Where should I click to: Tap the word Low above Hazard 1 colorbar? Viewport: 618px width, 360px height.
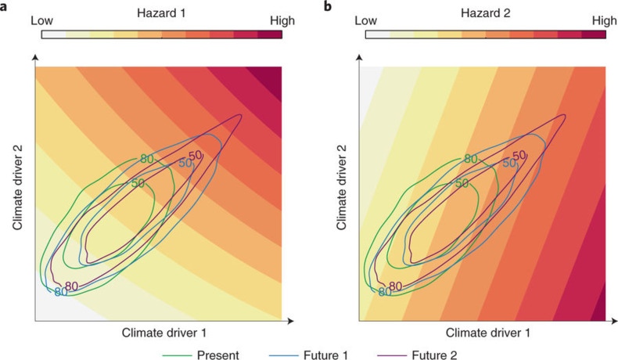click(44, 21)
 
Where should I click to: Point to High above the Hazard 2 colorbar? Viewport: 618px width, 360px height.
click(604, 21)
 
